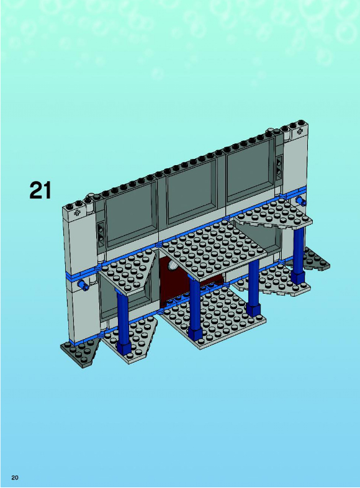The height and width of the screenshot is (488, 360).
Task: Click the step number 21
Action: point(40,191)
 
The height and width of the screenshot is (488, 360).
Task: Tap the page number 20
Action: point(15,477)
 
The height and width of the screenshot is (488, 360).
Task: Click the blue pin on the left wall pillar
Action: point(83,284)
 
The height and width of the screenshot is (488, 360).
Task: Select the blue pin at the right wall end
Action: point(301,202)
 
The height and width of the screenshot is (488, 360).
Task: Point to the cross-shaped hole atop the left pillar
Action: point(77,213)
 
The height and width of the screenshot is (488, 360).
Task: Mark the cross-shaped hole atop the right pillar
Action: point(300,131)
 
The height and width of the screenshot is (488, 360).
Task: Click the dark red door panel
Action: point(174,285)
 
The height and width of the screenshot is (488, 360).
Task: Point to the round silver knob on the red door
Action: point(172,265)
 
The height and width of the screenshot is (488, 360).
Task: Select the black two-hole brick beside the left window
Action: point(101,232)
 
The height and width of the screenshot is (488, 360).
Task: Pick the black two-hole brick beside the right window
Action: point(279,166)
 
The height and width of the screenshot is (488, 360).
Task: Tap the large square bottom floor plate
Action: point(215,317)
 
